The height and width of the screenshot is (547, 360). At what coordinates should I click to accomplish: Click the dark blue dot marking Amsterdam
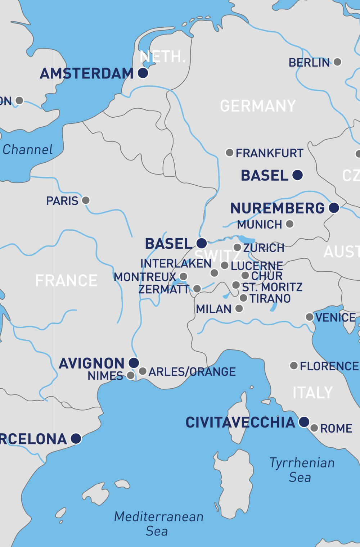pos(143,73)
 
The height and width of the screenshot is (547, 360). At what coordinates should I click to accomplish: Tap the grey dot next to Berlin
pos(337,62)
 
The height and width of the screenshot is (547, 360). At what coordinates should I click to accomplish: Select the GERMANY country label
pos(258,106)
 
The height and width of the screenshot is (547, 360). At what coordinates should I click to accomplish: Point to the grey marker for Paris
pos(86,200)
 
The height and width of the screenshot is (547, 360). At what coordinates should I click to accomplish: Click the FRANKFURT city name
pos(269,153)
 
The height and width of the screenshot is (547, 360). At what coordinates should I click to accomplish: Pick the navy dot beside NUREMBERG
pos(334,208)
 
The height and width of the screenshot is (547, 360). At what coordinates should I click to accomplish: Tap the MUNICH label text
pos(260,225)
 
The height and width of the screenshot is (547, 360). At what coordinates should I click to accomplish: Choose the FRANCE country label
pos(66,281)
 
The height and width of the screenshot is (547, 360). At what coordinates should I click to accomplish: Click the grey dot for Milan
pos(239,308)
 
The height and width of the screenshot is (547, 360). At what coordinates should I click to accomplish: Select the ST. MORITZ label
pos(272,287)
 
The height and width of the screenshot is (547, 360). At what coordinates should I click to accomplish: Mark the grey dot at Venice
pos(310,317)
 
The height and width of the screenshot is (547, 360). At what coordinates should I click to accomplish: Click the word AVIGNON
pos(91,363)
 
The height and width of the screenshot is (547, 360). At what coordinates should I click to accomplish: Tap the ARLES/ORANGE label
pos(192,372)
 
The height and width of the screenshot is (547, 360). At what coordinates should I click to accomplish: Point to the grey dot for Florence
pos(294,366)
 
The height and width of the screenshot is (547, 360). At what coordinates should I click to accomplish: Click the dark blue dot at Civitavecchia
pos(304,422)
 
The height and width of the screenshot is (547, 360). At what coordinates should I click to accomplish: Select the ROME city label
pos(336,429)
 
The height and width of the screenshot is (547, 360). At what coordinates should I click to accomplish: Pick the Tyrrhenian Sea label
pos(302,470)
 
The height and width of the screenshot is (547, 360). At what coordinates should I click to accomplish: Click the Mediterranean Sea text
pos(158,524)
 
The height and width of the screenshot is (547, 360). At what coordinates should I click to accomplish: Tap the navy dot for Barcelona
pos(76,438)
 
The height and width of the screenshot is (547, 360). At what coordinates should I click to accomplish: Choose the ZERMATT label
pos(164,289)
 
